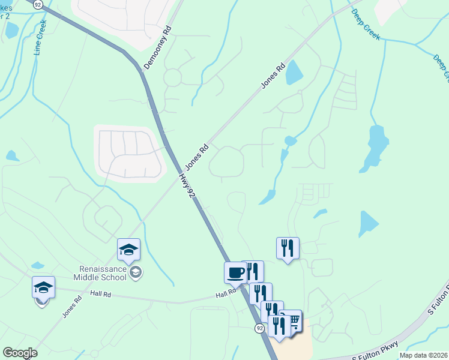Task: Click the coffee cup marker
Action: pyautogui.click(x=235, y=273)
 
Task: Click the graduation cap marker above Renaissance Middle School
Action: pyautogui.click(x=128, y=249)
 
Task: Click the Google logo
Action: pyautogui.click(x=20, y=353)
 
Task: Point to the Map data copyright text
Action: pyautogui.click(x=423, y=355)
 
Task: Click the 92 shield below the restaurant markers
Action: pyautogui.click(x=259, y=328)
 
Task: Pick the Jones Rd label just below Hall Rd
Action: pyautogui.click(x=71, y=307)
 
